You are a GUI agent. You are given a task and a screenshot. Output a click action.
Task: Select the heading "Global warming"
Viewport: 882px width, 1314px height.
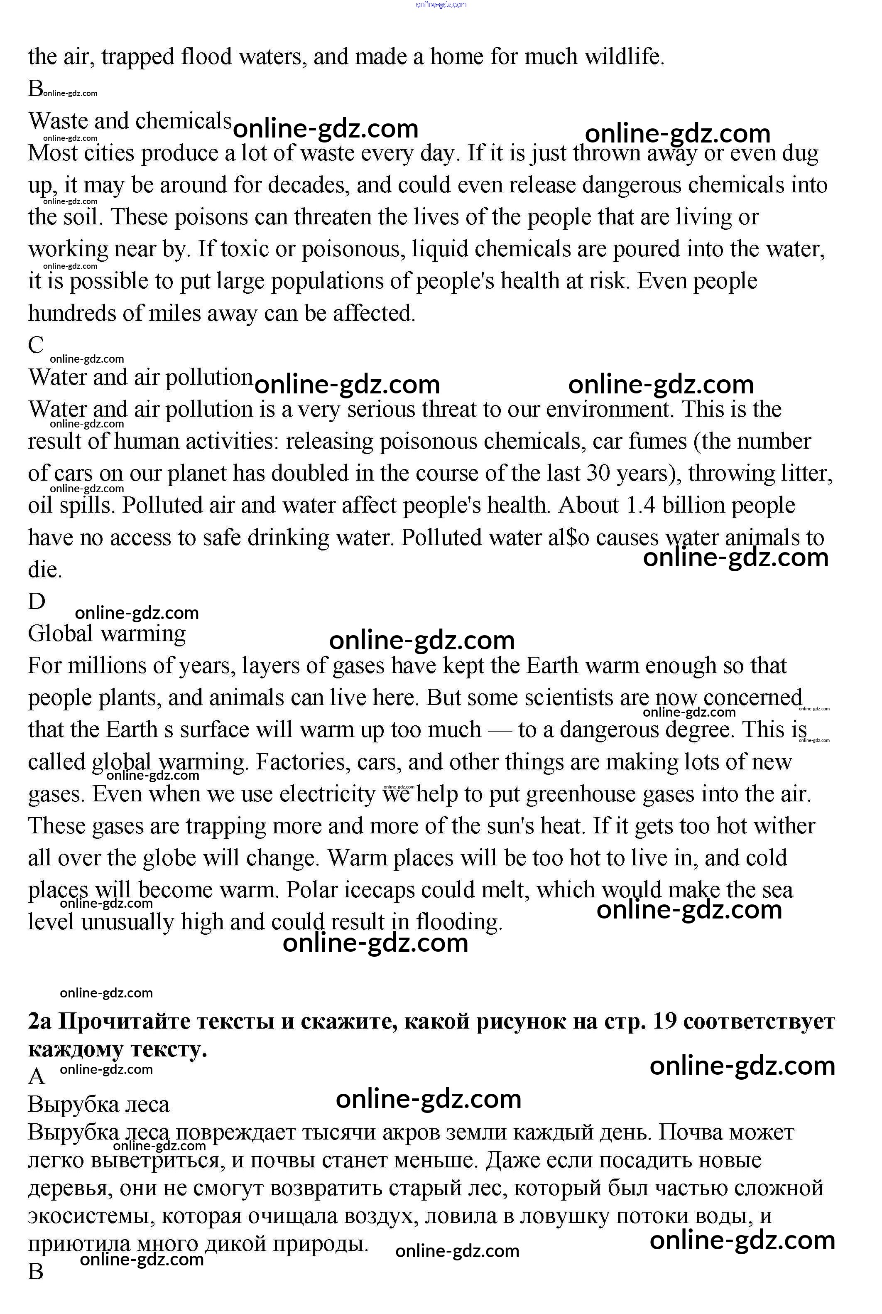coord(107,634)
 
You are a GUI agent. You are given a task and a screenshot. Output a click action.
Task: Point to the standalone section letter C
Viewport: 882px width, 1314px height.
coord(36,344)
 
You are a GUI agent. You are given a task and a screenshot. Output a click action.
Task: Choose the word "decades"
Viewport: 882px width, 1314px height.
coord(306,185)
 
